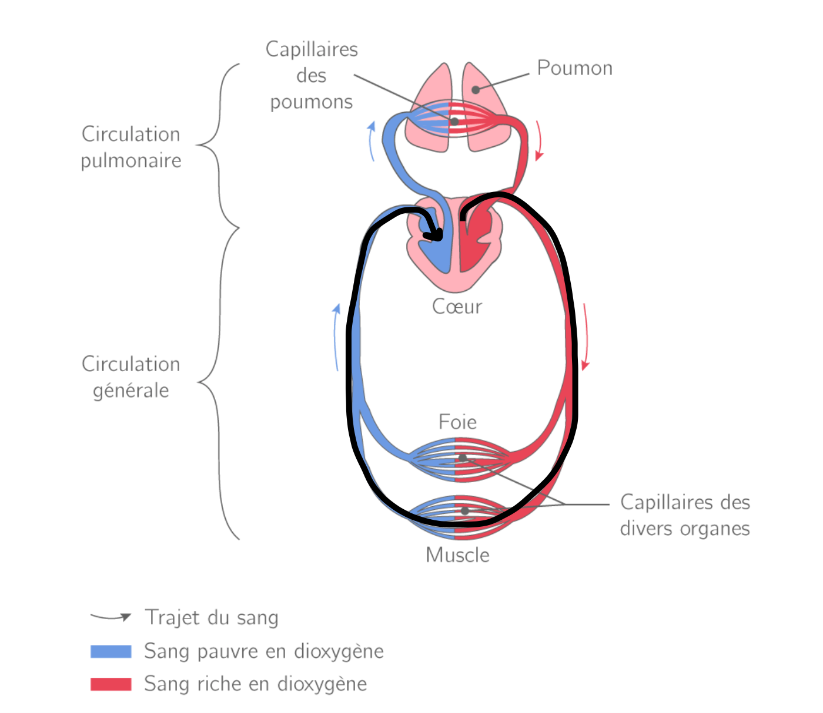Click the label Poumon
click(574, 68)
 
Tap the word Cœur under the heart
click(457, 307)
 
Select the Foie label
click(457, 422)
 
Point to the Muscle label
click(457, 555)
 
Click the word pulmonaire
click(131, 161)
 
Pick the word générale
click(131, 391)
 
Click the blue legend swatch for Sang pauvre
click(111, 651)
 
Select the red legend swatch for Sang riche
click(111, 684)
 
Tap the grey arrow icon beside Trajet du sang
click(111, 617)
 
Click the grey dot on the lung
click(476, 90)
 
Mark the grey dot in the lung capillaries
click(454, 122)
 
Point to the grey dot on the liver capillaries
click(463, 458)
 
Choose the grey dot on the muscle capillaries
click(465, 511)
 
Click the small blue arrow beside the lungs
click(371, 141)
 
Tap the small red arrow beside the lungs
click(538, 141)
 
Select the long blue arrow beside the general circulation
click(336, 338)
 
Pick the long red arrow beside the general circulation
click(585, 338)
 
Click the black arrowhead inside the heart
click(436, 236)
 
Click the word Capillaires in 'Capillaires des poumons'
click(312, 49)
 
